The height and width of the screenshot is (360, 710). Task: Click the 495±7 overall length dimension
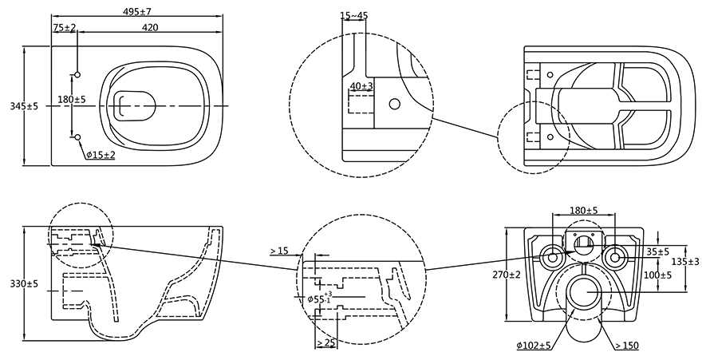(137, 11)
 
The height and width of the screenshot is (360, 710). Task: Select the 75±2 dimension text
(65, 28)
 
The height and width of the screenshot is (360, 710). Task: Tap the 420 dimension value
(150, 28)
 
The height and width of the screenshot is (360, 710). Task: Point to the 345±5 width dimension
(25, 106)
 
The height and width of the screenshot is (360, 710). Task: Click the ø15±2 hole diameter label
(101, 156)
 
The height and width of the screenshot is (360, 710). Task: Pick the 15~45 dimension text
(353, 15)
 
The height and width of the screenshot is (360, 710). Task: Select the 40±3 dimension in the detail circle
(361, 85)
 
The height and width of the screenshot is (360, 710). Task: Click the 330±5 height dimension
(25, 284)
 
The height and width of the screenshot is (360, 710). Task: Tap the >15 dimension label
(279, 251)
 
